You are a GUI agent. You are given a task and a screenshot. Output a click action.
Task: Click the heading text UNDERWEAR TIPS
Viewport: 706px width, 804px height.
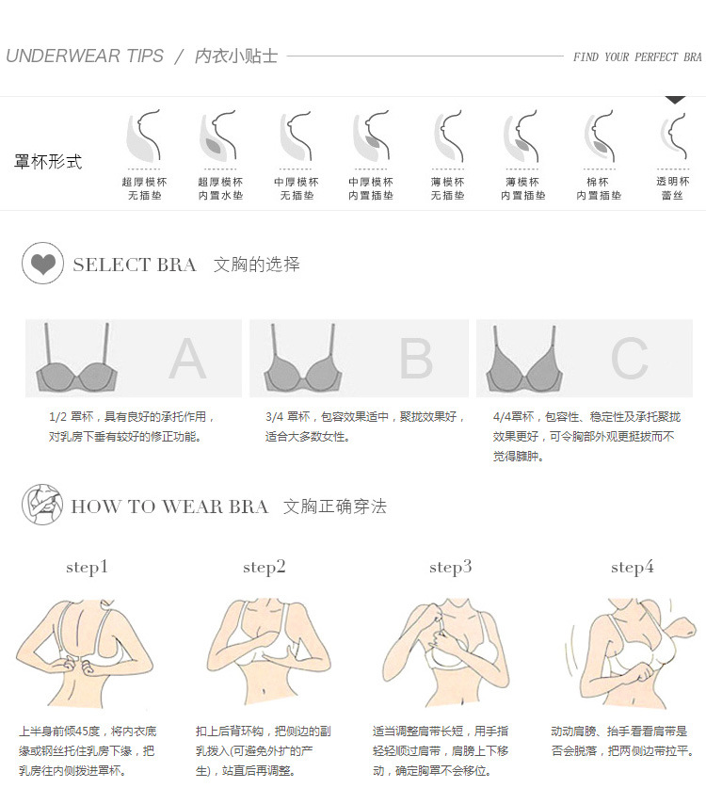pyautogui.click(x=85, y=56)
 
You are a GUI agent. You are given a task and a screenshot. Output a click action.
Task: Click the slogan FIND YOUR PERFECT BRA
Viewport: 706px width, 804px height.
pyautogui.click(x=637, y=56)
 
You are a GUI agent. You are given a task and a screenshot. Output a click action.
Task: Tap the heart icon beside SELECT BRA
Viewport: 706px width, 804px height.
pyautogui.click(x=42, y=264)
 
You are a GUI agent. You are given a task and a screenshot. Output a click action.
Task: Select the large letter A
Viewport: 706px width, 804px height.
pyautogui.click(x=187, y=358)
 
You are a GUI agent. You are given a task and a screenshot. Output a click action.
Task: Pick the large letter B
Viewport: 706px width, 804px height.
pyautogui.click(x=416, y=359)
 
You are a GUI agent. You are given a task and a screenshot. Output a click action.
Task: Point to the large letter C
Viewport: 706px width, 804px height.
pyautogui.click(x=630, y=359)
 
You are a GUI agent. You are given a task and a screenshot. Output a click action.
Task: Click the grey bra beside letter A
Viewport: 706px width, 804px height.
pyautogui.click(x=76, y=359)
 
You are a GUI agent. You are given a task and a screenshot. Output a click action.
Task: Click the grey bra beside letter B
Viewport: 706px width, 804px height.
pyautogui.click(x=303, y=359)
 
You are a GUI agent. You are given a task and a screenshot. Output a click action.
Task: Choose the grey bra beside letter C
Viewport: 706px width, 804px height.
pyautogui.click(x=524, y=360)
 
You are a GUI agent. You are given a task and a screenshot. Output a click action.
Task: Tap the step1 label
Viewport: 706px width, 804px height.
pyautogui.click(x=87, y=567)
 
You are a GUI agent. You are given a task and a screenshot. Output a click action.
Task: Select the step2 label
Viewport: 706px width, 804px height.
pyautogui.click(x=265, y=567)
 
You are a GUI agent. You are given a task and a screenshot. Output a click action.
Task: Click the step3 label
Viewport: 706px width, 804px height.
pyautogui.click(x=450, y=567)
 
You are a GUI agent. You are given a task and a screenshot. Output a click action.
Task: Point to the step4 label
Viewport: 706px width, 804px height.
pyautogui.click(x=633, y=567)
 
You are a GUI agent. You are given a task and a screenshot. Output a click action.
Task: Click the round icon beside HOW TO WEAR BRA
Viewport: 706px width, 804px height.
pyautogui.click(x=42, y=504)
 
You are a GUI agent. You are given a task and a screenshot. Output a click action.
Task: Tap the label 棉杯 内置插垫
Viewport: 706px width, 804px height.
pyautogui.click(x=599, y=188)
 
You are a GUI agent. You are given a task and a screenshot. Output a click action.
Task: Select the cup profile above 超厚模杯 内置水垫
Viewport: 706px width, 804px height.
pyautogui.click(x=217, y=136)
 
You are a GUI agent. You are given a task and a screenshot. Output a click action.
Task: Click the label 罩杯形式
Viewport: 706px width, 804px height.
pyautogui.click(x=48, y=162)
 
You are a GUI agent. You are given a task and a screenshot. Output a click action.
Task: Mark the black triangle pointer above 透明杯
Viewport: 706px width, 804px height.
pyautogui.click(x=675, y=100)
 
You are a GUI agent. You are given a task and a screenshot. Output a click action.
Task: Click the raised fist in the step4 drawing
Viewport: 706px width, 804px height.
pyautogui.click(x=682, y=628)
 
